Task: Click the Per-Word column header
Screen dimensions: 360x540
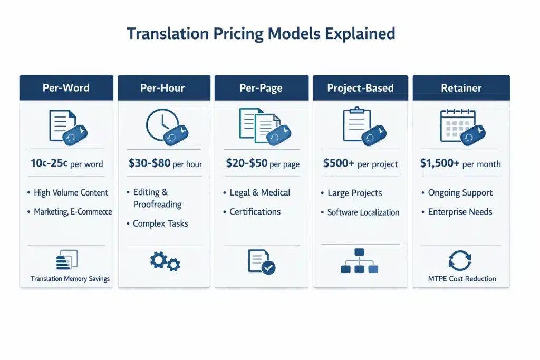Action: [66, 88]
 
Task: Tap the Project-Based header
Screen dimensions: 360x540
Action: [360, 88]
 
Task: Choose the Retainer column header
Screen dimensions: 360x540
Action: [461, 88]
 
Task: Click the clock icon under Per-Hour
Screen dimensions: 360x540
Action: [161, 125]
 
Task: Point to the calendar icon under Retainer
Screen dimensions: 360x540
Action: [457, 125]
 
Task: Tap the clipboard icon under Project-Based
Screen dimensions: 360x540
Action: [356, 124]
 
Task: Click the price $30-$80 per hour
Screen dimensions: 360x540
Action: [165, 163]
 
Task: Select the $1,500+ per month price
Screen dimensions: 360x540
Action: [460, 163]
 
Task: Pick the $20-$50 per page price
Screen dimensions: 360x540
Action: [262, 163]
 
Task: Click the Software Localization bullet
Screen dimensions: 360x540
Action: [363, 212]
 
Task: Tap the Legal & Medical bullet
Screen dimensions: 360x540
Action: [259, 193]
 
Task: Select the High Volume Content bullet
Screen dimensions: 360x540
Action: [71, 193]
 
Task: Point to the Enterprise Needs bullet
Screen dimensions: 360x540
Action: [459, 212]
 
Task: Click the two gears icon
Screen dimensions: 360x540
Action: [165, 261]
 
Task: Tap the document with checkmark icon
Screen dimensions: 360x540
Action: [262, 261]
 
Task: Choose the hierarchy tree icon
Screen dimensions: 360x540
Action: [360, 261]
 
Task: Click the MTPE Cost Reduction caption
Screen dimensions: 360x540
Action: [462, 279]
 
